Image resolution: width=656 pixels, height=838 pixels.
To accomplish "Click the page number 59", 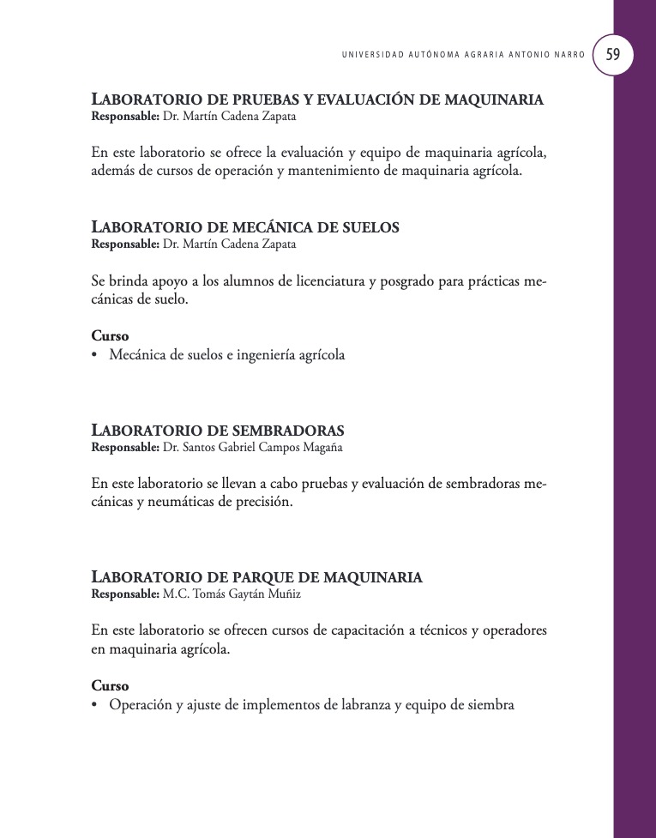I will pos(613,54).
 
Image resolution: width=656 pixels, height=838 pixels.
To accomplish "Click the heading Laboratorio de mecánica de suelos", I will pos(245,228).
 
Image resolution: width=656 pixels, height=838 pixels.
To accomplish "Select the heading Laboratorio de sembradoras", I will pos(218,430).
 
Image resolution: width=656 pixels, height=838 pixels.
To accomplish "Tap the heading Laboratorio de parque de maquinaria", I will pos(256,577).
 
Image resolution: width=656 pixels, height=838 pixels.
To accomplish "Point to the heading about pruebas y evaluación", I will pos(317,99).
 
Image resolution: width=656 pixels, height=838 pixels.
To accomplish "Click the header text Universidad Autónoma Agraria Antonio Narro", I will pos(463,55).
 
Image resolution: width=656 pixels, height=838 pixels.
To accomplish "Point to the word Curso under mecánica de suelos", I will pos(110,336).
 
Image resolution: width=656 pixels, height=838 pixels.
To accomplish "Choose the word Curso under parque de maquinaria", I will pos(110,686).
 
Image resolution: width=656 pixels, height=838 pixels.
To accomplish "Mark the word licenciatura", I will pos(321,281).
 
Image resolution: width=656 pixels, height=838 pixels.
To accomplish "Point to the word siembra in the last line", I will pos(489,706).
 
